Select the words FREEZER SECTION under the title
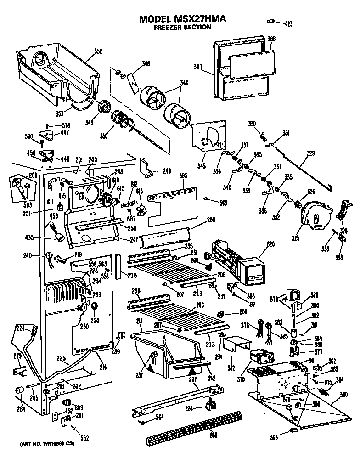click(x=182, y=27)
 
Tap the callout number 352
click(x=98, y=51)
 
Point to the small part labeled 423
click(x=271, y=21)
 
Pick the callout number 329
click(x=311, y=153)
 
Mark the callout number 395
click(x=183, y=175)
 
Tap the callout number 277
click(x=193, y=379)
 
